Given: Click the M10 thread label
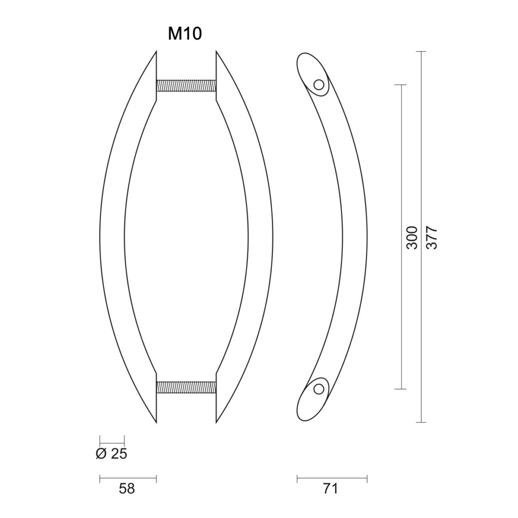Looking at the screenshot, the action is coord(185,34).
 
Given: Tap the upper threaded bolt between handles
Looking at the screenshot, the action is coord(186,85).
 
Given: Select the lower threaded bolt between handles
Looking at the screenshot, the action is coord(186,387).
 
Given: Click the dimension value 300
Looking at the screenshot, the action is coord(412,237).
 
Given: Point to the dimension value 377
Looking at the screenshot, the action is coord(431,237).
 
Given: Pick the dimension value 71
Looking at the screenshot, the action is coord(330,489).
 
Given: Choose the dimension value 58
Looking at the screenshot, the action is coord(127,489).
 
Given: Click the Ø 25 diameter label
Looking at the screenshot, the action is coord(111,454).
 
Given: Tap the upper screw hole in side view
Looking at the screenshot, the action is coord(319,85).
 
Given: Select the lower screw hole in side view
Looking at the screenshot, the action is coord(319,389).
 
